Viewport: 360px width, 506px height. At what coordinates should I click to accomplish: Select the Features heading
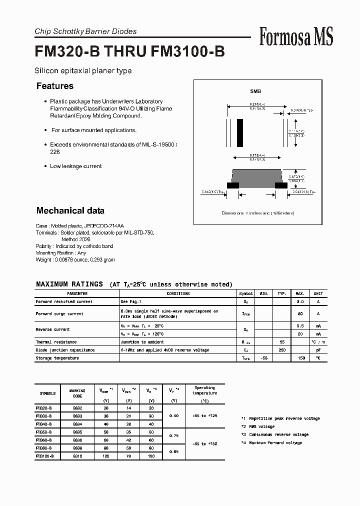pyautogui.click(x=55, y=86)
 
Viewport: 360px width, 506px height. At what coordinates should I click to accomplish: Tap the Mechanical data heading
pyautogui.click(x=70, y=210)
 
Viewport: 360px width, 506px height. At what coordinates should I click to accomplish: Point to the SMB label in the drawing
pyautogui.click(x=255, y=91)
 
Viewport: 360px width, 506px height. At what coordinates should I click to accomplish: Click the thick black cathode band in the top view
pyautogui.click(x=240, y=132)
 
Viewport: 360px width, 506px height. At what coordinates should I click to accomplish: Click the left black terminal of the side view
pyautogui.click(x=232, y=185)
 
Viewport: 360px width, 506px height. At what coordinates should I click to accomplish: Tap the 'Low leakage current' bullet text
pyautogui.click(x=75, y=166)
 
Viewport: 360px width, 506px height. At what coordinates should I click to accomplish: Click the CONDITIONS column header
pyautogui.click(x=178, y=293)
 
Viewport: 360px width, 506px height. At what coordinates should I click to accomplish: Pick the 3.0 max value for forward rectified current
pyautogui.click(x=300, y=301)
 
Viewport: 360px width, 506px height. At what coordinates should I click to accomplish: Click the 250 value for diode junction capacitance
pyautogui.click(x=282, y=350)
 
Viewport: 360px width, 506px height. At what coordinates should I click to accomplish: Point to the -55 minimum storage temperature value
pyautogui.click(x=264, y=358)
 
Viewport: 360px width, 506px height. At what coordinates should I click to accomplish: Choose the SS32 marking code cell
pyautogui.click(x=77, y=408)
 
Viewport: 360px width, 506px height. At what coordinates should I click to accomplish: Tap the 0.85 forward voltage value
pyautogui.click(x=174, y=452)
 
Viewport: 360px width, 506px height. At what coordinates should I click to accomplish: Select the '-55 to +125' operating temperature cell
pyautogui.click(x=204, y=416)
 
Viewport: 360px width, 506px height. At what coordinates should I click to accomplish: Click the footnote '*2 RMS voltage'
pyautogui.click(x=258, y=426)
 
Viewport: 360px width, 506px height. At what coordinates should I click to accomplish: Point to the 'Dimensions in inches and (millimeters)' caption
pyautogui.click(x=257, y=213)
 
